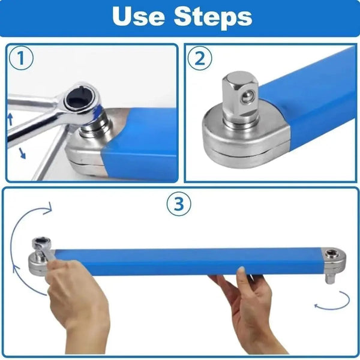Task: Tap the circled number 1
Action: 21,59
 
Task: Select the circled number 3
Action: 178,204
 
